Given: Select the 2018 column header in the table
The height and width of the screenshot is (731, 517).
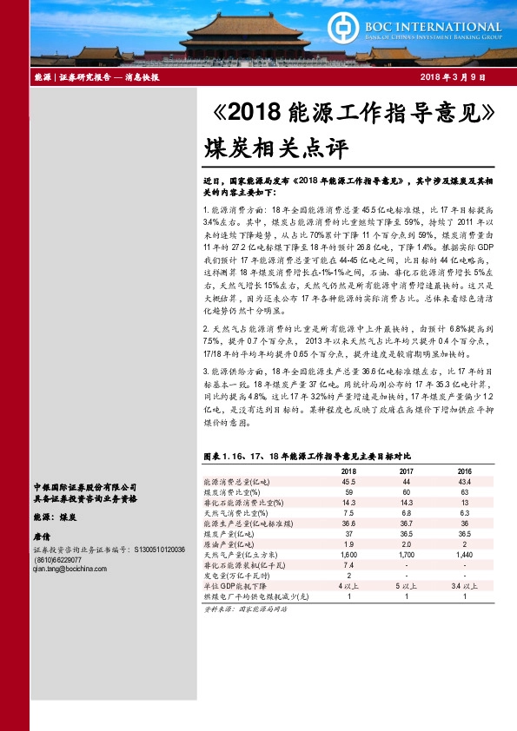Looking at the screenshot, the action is point(348,470).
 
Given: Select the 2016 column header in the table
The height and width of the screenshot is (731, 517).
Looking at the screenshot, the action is point(465,470).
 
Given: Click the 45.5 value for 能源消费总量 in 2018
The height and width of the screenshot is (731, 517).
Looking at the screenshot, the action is point(348,481).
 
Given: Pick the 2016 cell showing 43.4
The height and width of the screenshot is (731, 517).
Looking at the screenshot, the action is point(465,481).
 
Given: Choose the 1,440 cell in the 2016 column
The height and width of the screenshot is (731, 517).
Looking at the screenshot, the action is point(465,554).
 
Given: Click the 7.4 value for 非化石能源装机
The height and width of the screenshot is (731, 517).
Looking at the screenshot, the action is point(348,564).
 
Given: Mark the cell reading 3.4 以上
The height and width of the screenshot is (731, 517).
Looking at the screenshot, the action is point(465,585).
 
